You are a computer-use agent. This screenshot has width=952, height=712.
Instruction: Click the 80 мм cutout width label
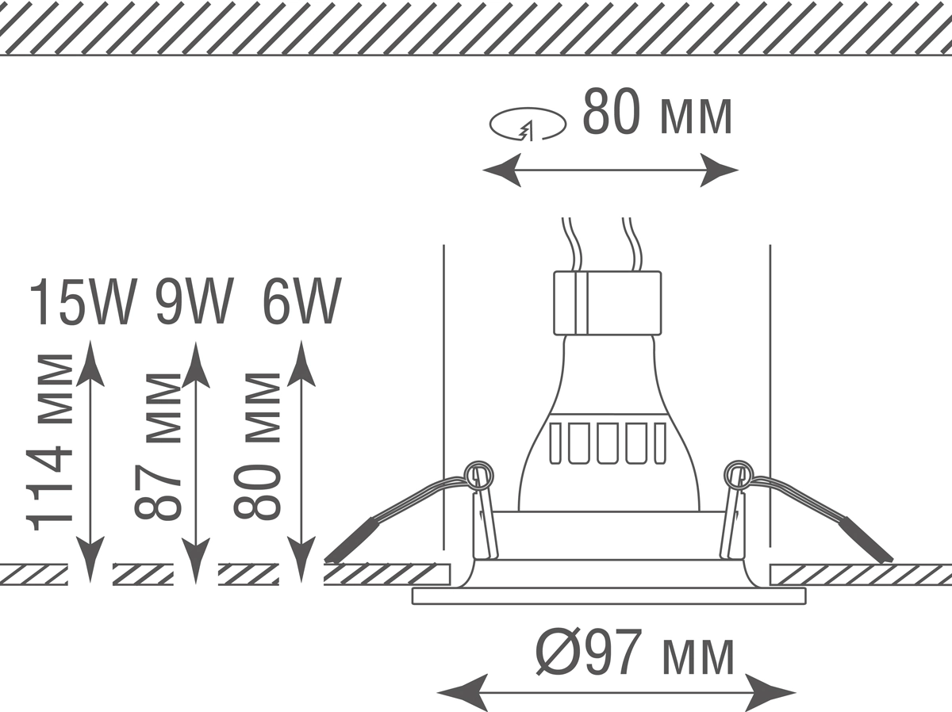pos(657,114)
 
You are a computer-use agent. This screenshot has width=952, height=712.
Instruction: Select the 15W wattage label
pos(82,302)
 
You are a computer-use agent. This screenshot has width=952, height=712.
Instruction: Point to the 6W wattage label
pos(301,302)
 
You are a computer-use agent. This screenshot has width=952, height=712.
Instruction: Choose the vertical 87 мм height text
pos(156,446)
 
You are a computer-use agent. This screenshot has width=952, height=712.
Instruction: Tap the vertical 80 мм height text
pos(258,446)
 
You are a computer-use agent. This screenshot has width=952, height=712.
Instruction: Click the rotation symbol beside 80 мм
pos(528,124)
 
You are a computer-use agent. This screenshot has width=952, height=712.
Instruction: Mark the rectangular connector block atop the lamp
pos(607,302)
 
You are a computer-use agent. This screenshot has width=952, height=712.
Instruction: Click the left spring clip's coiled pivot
pos(478,475)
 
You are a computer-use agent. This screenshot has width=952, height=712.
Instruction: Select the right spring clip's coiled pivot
pos(738,474)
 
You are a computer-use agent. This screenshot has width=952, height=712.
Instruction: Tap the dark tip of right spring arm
pos(867,541)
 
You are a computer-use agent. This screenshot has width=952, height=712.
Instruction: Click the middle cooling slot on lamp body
pos(608,443)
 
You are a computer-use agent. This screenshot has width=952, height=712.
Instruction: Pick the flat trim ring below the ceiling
pos(608,596)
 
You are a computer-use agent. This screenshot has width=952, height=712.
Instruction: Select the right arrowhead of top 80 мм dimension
pos(719,170)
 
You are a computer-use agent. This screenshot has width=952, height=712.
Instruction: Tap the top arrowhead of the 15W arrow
pos(92,362)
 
